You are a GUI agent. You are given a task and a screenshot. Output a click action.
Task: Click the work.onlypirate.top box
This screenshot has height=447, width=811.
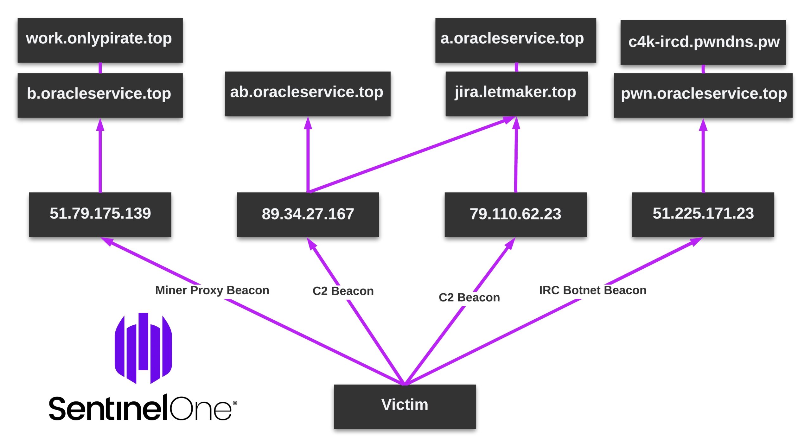(x=100, y=40)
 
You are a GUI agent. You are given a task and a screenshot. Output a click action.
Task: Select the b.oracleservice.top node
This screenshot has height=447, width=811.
(x=100, y=95)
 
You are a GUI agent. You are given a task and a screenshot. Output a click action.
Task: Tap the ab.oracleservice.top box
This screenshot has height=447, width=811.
(x=308, y=93)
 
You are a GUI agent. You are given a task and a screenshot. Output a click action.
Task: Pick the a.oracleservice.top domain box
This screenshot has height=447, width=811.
(x=515, y=40)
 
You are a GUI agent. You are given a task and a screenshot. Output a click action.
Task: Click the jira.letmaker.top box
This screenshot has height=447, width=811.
(x=516, y=93)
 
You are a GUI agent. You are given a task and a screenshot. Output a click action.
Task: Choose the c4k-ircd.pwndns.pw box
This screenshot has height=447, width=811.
(x=703, y=42)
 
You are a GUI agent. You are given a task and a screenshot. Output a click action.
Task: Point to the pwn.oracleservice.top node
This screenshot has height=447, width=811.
(x=703, y=95)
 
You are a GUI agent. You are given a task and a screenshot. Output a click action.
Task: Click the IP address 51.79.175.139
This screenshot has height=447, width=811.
(x=100, y=214)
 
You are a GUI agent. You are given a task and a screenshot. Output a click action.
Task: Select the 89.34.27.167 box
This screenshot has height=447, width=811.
(x=308, y=214)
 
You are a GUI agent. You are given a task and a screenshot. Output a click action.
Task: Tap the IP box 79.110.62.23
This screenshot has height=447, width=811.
(x=515, y=214)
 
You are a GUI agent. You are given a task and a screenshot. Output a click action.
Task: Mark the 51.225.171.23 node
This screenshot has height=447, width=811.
(x=703, y=214)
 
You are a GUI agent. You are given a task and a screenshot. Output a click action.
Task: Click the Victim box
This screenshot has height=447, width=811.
(x=405, y=406)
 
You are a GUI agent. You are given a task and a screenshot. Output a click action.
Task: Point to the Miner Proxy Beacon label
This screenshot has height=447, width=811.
(x=212, y=290)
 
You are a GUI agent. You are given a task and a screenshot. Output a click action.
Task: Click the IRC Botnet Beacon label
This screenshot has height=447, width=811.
(x=593, y=290)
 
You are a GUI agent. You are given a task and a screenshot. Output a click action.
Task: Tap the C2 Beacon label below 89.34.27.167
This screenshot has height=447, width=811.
(x=343, y=291)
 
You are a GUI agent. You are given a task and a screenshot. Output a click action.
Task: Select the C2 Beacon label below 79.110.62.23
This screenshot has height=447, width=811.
(x=469, y=297)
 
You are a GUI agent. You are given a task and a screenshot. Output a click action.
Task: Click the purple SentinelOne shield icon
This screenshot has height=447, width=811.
(x=143, y=348)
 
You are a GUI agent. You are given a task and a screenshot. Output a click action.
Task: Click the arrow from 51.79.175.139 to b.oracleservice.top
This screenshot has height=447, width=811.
(x=100, y=155)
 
